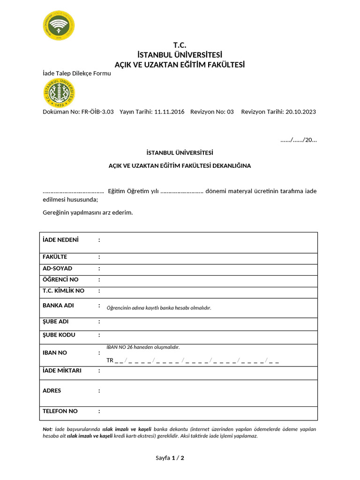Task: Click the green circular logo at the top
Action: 58,26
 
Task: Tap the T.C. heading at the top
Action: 180,45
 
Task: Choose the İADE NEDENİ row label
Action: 61,240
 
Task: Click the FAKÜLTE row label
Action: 55,257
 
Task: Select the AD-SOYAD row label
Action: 58,269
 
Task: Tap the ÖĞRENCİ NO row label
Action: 61,280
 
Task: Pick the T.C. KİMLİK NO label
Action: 64,291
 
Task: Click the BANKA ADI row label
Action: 58,306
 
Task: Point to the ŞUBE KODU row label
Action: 59,335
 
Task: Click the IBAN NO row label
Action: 55,352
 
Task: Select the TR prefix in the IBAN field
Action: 110,360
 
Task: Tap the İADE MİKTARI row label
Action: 62,371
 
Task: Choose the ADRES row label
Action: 52,390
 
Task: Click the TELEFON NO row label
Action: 60,411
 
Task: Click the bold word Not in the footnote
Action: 47,429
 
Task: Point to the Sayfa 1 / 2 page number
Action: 170,458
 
